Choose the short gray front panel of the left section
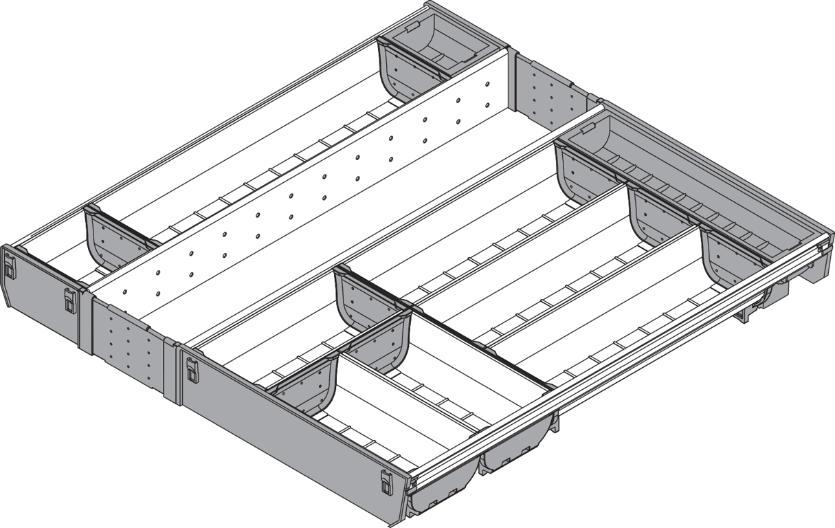pyautogui.click(x=41, y=296)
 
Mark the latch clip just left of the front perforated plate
pyautogui.click(x=70, y=300)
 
